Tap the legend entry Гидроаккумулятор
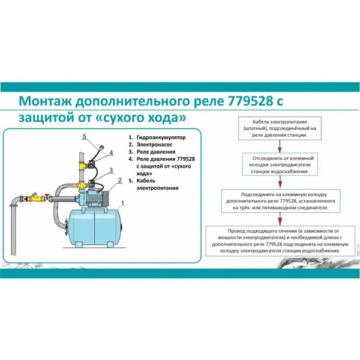[161, 137]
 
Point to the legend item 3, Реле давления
[157, 152]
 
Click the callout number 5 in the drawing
[85, 137]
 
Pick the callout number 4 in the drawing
[111, 153]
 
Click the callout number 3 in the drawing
[112, 171]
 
